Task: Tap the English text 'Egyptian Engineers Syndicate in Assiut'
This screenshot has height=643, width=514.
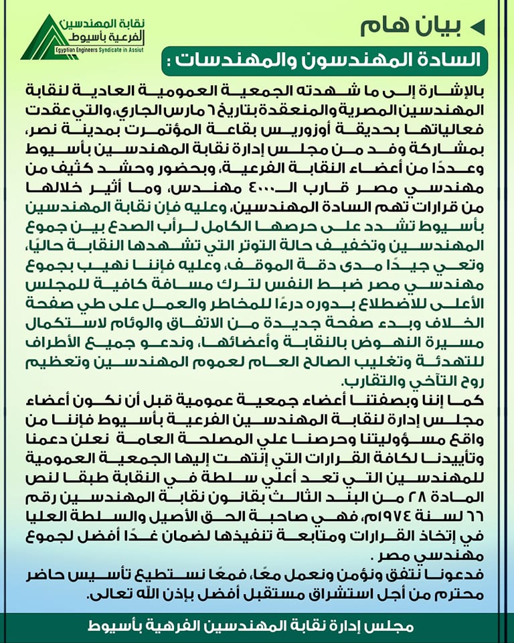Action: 100,49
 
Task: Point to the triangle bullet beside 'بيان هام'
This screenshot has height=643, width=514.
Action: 477,26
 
